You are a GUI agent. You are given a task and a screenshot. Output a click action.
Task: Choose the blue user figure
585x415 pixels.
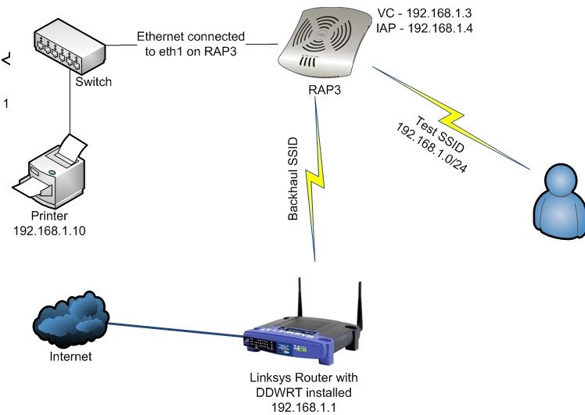560,202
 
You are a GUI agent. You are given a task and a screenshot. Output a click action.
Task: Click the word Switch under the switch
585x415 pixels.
94,81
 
